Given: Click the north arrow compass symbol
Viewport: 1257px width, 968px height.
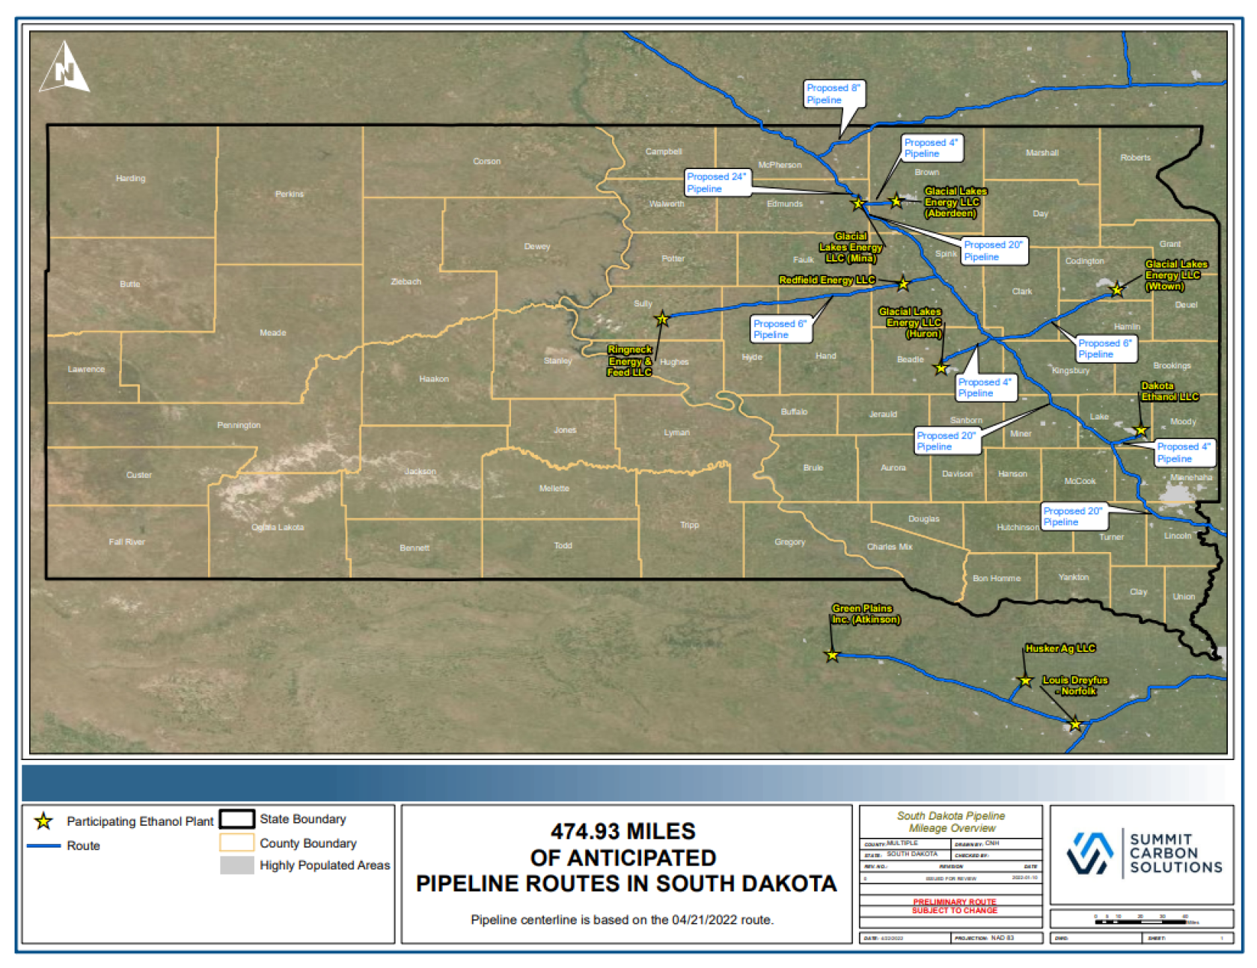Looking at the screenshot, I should [x=64, y=68].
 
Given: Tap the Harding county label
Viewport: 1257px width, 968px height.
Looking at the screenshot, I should [x=130, y=179].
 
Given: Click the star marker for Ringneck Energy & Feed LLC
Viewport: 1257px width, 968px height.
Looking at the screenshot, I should [x=662, y=320].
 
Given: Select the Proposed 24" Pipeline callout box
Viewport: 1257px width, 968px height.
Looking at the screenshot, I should [x=718, y=183].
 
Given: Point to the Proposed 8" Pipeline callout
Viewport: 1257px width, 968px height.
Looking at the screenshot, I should [x=834, y=94].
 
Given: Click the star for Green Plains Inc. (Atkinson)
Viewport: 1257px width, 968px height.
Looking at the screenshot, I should [x=832, y=656].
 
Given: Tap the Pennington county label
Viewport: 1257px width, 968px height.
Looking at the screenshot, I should [x=239, y=426].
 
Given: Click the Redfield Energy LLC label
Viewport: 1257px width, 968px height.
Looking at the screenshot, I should [x=827, y=281].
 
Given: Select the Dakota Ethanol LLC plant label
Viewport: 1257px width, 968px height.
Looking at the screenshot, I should [x=1169, y=391].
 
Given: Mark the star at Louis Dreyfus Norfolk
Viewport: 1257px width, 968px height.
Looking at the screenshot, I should [x=1075, y=724].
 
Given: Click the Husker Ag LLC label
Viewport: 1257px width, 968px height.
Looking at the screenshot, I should [x=1060, y=649].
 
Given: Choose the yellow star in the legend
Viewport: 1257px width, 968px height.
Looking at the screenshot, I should [x=43, y=821].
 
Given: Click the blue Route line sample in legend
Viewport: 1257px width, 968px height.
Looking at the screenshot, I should [x=43, y=846].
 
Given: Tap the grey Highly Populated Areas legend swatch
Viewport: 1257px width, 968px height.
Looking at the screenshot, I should [x=236, y=866].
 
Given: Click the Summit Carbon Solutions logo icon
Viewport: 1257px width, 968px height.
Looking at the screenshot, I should [x=1089, y=854].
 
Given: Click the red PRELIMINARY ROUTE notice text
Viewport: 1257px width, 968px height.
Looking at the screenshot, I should [x=954, y=906].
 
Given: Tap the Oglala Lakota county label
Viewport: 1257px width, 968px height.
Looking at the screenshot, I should [x=278, y=527].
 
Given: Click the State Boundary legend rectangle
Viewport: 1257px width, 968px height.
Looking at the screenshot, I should [x=236, y=819].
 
